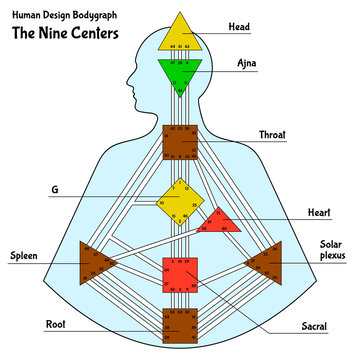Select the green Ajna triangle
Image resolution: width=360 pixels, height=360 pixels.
coord(181,72)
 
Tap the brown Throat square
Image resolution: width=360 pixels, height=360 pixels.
coord(181,142)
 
